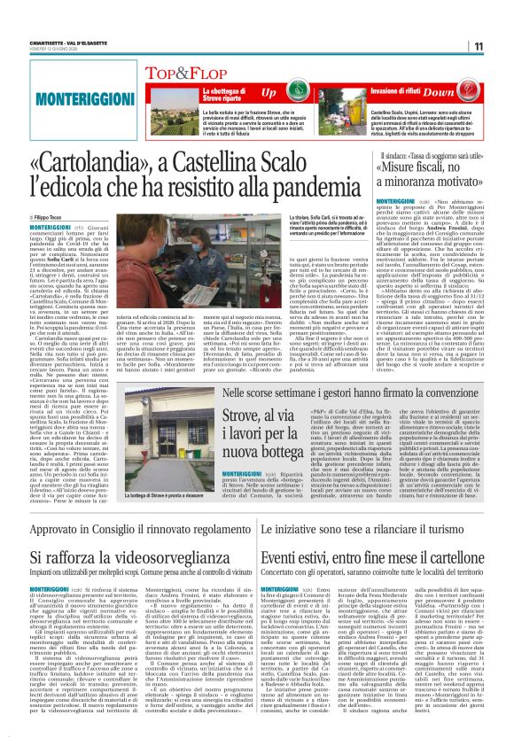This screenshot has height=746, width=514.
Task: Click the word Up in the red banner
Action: (269, 92)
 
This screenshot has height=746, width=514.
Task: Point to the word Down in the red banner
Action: (463, 92)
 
